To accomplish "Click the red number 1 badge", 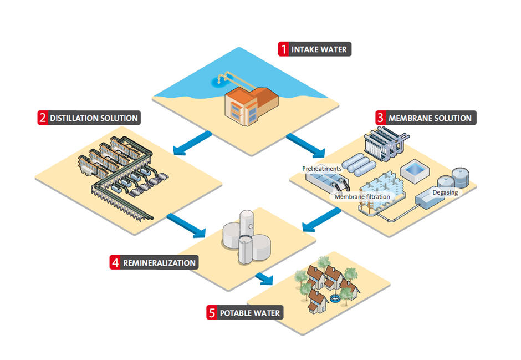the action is point(283,49).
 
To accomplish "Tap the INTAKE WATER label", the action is point(319,49).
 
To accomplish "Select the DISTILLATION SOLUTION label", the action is point(94,118).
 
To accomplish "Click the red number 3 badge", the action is point(381,118).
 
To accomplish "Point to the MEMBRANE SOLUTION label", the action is point(430,118).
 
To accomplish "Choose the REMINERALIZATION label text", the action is point(160,263).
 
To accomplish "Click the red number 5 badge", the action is point(212,313).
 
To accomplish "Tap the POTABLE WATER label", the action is point(250,313).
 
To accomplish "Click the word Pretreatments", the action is point(321,169).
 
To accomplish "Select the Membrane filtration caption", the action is point(362,196).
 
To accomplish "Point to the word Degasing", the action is point(445,192).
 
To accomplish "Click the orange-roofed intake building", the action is point(251,106).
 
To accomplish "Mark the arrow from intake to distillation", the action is point(192,143).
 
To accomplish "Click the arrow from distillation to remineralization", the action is point(186,226).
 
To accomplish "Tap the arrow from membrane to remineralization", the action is point(321,220).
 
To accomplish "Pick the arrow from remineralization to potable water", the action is point(264,278).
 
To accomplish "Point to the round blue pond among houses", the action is point(335,298).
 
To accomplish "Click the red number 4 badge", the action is point(115,262).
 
